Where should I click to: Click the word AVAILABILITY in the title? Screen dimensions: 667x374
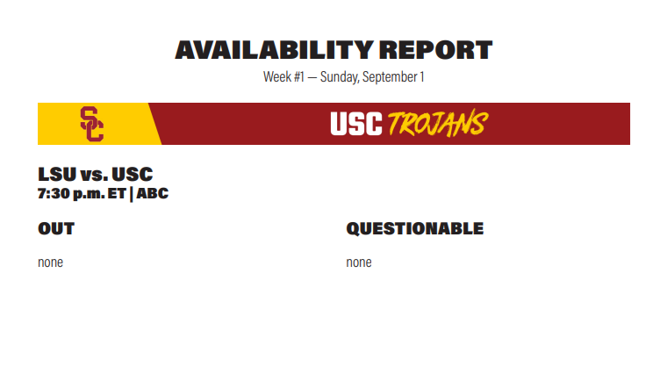tap(275, 50)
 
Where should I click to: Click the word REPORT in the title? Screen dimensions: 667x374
tap(435, 50)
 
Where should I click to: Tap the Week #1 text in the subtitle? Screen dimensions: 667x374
tap(283, 77)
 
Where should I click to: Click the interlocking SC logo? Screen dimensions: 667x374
tap(92, 124)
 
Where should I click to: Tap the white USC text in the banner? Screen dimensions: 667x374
tap(356, 124)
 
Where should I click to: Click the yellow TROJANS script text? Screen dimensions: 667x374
tap(438, 124)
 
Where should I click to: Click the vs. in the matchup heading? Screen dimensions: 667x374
tap(94, 176)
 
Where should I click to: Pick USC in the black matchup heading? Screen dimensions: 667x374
tap(133, 175)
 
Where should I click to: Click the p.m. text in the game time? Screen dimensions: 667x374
tap(89, 194)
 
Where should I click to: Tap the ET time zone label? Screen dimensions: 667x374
tap(117, 194)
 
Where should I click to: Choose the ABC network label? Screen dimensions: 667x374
tap(153, 194)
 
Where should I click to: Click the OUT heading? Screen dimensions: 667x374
tap(56, 229)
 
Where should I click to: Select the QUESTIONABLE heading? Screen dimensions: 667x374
tap(415, 229)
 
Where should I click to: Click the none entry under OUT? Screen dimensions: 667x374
tap(50, 263)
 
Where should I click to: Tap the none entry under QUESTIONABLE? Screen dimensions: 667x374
tap(359, 263)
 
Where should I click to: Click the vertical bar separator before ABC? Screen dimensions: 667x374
tap(131, 194)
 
